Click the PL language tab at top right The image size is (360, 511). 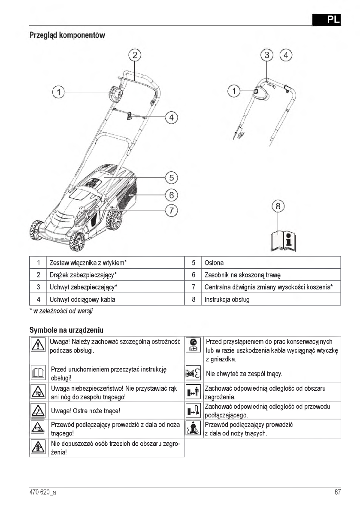tap(326, 19)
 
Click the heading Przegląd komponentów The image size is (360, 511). tap(67, 35)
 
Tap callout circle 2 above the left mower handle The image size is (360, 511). tap(135, 55)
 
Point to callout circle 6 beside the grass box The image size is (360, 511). tap(171, 195)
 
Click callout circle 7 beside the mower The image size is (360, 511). tap(171, 211)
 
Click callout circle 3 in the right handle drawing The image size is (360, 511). tap(267, 55)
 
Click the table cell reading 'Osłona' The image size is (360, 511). tap(214, 262)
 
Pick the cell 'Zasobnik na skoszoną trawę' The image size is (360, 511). tap(242, 274)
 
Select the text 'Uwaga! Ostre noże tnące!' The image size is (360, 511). tap(85, 411)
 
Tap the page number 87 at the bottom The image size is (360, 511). tap(337, 493)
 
